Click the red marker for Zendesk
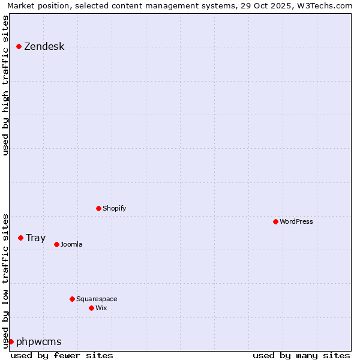(x=19, y=46)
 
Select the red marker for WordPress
(x=275, y=221)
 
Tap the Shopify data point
(x=98, y=208)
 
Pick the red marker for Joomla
(x=56, y=244)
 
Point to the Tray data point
(x=20, y=238)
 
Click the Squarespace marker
(x=72, y=299)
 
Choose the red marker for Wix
(x=91, y=308)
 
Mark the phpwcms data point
(x=11, y=341)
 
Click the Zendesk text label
(x=44, y=47)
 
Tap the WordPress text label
(x=296, y=221)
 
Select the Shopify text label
(x=114, y=208)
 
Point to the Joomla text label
(x=71, y=244)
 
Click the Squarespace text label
(x=97, y=299)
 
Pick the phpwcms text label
(x=39, y=342)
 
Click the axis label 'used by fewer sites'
(x=62, y=355)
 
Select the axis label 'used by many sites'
(x=301, y=355)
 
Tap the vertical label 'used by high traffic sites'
(x=6, y=85)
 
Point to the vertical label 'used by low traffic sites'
(x=6, y=280)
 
